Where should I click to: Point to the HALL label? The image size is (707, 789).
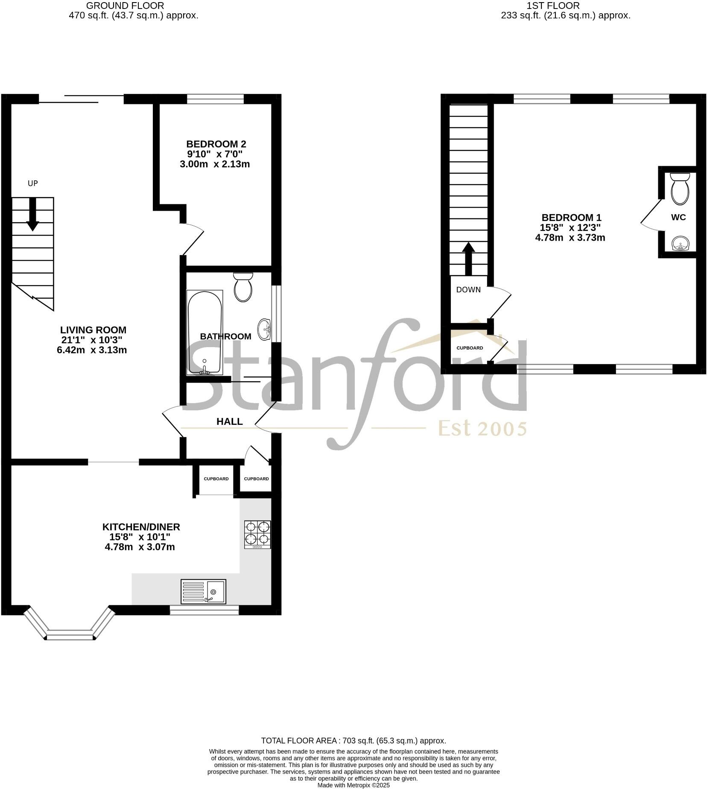point(230,421)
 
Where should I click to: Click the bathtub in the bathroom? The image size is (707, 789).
point(205,333)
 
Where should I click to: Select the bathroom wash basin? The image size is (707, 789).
point(264,330)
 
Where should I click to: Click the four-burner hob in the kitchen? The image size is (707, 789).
point(257,534)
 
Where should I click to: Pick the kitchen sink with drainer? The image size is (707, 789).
point(203,592)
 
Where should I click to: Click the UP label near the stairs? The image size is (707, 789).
point(33,183)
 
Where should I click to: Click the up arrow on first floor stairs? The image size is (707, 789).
point(469,258)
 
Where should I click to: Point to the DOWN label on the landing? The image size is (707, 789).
point(468,290)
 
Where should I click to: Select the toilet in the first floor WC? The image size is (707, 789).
point(680,188)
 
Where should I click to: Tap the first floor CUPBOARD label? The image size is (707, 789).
point(470,348)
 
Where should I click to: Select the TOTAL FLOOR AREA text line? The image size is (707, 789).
point(353,741)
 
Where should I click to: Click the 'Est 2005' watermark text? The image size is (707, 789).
point(482,428)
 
